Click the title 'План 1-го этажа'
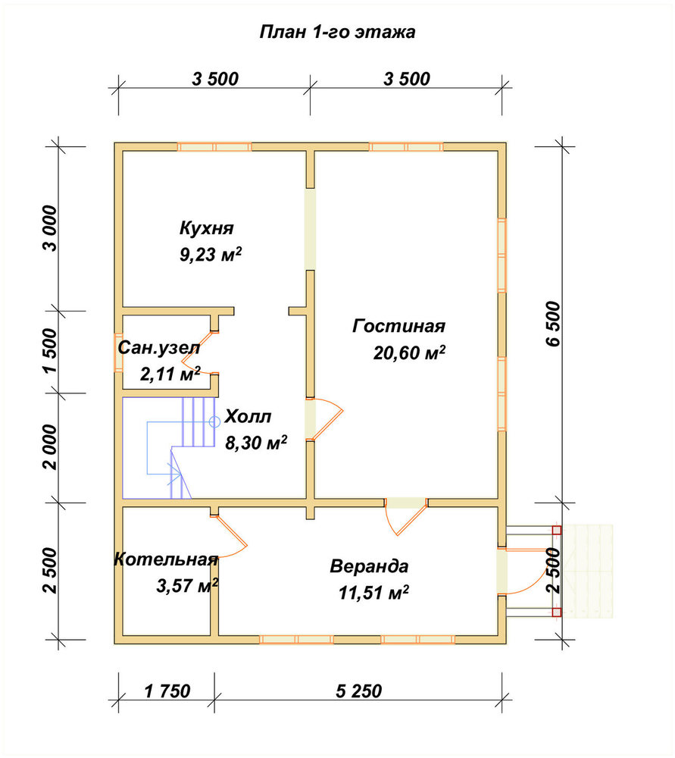[x=337, y=32]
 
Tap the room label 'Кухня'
[x=206, y=227]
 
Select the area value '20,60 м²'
[x=409, y=353]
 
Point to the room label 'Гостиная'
[x=398, y=326]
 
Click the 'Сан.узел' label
[x=158, y=348]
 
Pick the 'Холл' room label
[x=248, y=416]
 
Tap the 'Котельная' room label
[x=166, y=559]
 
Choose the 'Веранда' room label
[x=369, y=566]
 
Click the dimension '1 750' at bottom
[x=167, y=691]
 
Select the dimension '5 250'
[x=358, y=691]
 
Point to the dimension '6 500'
[x=553, y=324]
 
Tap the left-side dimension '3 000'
[x=49, y=228]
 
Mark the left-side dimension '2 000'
[x=49, y=447]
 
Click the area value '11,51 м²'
[x=373, y=592]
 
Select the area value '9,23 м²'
[x=210, y=254]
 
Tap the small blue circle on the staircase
[x=214, y=422]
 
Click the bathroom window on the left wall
[x=118, y=352]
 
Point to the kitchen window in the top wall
[x=214, y=147]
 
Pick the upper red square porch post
[x=557, y=530]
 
